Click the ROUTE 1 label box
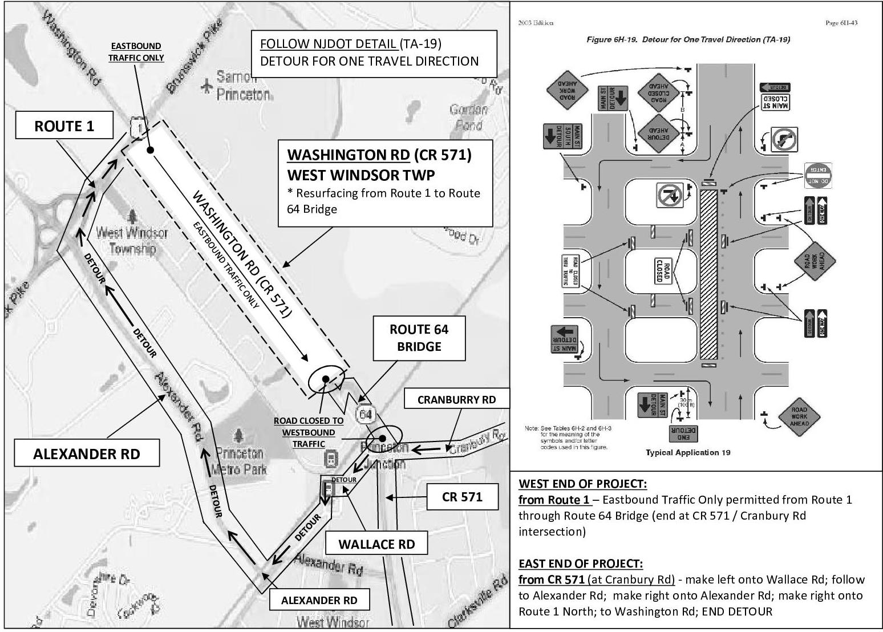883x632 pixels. (64, 126)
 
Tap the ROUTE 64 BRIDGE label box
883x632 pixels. (419, 338)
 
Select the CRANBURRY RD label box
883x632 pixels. (456, 400)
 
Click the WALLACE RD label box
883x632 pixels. (376, 544)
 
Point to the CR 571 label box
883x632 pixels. (462, 497)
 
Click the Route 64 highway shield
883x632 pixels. (366, 414)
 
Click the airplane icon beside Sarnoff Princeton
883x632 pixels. (206, 87)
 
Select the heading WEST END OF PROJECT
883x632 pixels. (582, 484)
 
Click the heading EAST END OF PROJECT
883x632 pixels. (580, 564)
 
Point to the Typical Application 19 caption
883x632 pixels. (688, 452)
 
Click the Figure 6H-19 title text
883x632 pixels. (688, 39)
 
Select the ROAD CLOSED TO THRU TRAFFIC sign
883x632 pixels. (571, 271)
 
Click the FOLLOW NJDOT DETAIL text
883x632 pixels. (328, 44)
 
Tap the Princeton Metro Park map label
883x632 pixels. (238, 461)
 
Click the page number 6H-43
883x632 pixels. (841, 23)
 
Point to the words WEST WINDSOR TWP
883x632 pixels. (361, 174)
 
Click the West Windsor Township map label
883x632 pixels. (132, 240)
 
